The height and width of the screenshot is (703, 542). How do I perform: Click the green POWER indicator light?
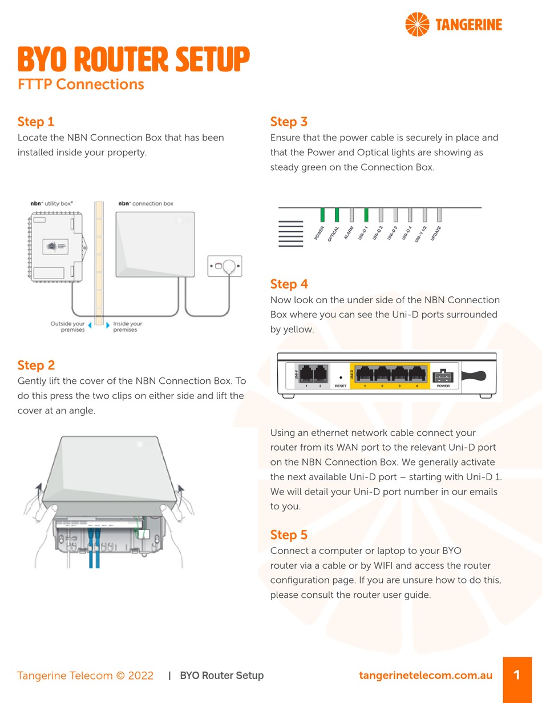point(322,215)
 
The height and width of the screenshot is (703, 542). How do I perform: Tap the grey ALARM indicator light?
point(351,215)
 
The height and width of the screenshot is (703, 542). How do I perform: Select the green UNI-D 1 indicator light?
point(366,215)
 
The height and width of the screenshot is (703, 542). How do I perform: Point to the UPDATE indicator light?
point(439,215)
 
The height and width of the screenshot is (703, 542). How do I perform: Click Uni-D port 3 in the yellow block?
point(399,374)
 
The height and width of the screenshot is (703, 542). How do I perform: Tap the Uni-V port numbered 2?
point(320,374)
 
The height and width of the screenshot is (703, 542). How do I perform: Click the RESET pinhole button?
point(341,377)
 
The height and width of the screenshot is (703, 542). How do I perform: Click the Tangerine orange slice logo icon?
point(417,24)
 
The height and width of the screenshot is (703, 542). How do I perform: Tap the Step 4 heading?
point(289,284)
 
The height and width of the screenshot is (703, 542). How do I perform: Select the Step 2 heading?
point(36,365)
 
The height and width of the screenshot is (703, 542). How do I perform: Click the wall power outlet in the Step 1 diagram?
point(224,266)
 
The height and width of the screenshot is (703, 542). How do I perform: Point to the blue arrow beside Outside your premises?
point(89,324)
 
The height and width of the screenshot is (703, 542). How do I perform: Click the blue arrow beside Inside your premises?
point(108,324)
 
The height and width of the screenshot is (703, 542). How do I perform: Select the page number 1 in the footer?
point(517,676)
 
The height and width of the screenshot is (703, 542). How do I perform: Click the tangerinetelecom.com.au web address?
point(426,676)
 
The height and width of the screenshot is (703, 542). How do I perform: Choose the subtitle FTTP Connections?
point(80,85)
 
